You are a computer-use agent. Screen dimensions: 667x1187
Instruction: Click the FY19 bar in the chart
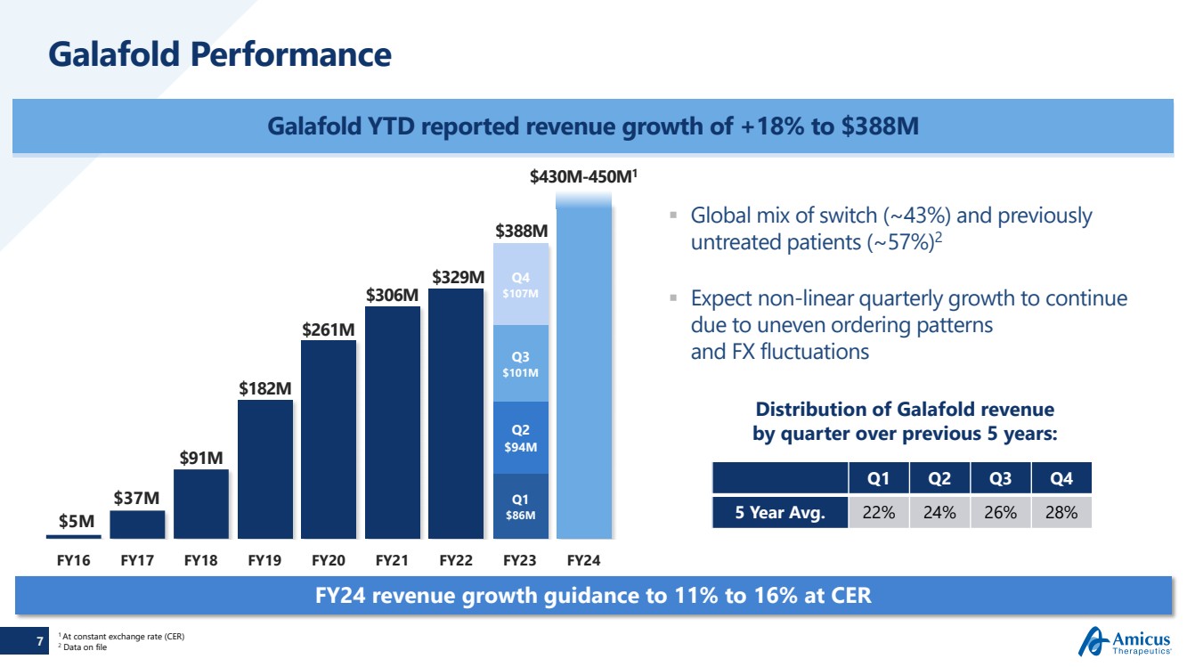[x=265, y=469]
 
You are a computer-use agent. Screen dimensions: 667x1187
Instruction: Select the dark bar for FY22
[x=456, y=413]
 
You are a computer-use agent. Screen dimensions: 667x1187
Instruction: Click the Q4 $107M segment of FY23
[x=520, y=285]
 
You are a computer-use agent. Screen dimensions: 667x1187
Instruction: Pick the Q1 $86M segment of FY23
[x=520, y=507]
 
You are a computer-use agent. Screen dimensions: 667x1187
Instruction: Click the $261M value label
[x=329, y=329]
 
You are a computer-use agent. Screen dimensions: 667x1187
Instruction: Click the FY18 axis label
[x=201, y=561]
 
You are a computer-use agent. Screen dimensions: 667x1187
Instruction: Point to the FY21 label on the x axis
[x=393, y=561]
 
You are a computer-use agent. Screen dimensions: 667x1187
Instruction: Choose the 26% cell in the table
[x=1001, y=513]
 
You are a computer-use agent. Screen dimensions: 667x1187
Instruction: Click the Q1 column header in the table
[x=879, y=478]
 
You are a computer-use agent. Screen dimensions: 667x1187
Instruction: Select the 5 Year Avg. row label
[x=780, y=513]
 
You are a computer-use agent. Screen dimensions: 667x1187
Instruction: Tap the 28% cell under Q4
[x=1061, y=513]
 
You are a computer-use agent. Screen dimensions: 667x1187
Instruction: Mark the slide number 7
[x=39, y=640]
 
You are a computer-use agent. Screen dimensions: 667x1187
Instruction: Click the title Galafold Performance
[x=220, y=54]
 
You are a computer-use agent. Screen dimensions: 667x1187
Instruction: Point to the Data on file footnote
[x=85, y=647]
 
